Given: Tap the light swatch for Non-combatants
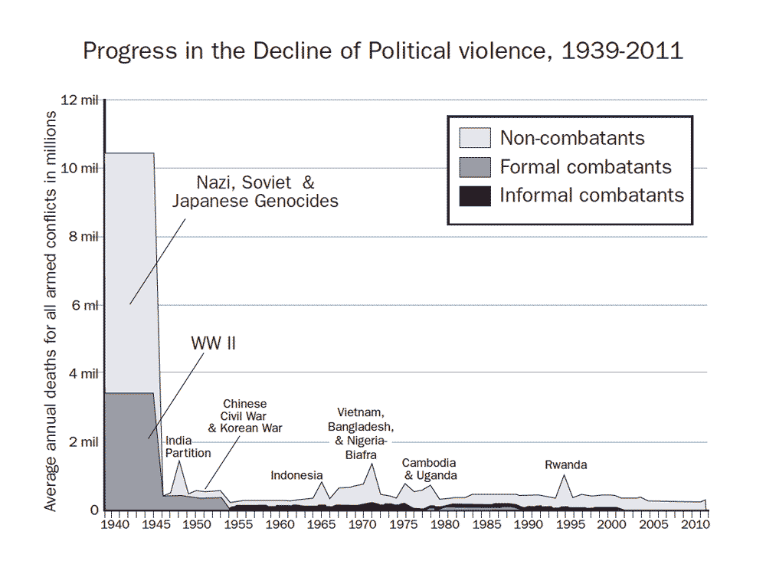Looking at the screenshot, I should [x=474, y=138].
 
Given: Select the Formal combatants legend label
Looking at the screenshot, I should [x=585, y=167].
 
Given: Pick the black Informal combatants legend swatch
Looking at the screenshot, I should [x=474, y=195].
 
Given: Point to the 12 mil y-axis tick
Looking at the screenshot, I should [x=83, y=100].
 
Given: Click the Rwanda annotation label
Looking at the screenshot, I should [x=566, y=464].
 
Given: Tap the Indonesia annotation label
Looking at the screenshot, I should [x=296, y=475].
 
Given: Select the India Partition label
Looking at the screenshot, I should [x=188, y=447].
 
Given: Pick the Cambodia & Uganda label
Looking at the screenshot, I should [x=429, y=469].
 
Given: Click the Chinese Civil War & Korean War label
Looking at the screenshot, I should [x=244, y=415].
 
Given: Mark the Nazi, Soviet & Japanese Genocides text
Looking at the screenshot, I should [x=255, y=192].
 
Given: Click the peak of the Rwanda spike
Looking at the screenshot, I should [x=565, y=475].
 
